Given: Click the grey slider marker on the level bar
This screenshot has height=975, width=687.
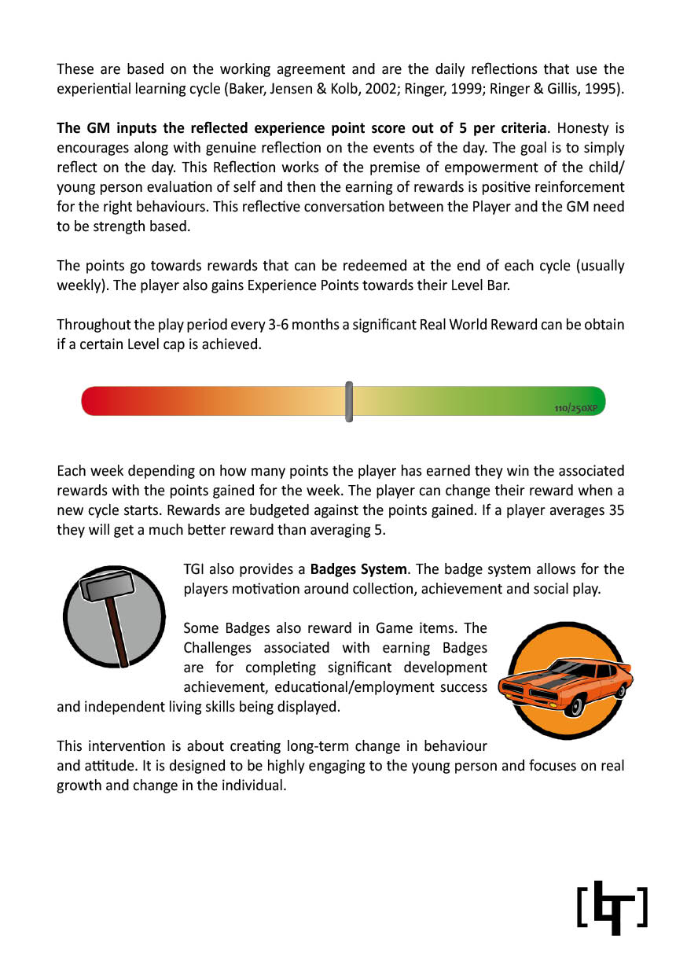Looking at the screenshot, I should coord(349,401).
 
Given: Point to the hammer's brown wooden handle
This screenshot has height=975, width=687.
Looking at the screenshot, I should coord(119,632).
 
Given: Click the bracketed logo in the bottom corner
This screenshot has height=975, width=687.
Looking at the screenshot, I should coord(612,907).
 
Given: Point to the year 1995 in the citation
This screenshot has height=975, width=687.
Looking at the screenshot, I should coord(604,89).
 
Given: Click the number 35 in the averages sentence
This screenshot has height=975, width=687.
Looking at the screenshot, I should coord(617,510).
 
